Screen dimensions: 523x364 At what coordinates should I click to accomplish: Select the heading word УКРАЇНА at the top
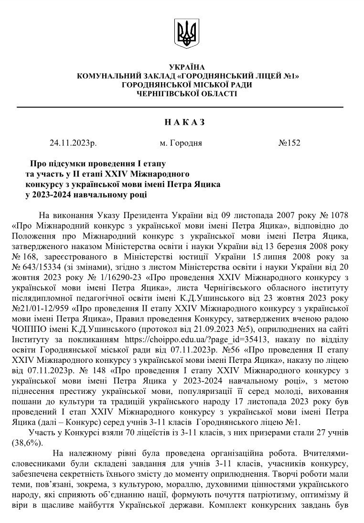[187, 67]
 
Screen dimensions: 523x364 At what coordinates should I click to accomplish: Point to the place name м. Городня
[181, 142]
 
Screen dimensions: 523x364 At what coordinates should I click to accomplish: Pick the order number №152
[289, 142]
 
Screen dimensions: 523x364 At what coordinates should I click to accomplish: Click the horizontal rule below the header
[180, 107]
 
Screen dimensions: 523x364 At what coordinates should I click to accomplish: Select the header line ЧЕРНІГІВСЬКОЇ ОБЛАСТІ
[186, 93]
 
